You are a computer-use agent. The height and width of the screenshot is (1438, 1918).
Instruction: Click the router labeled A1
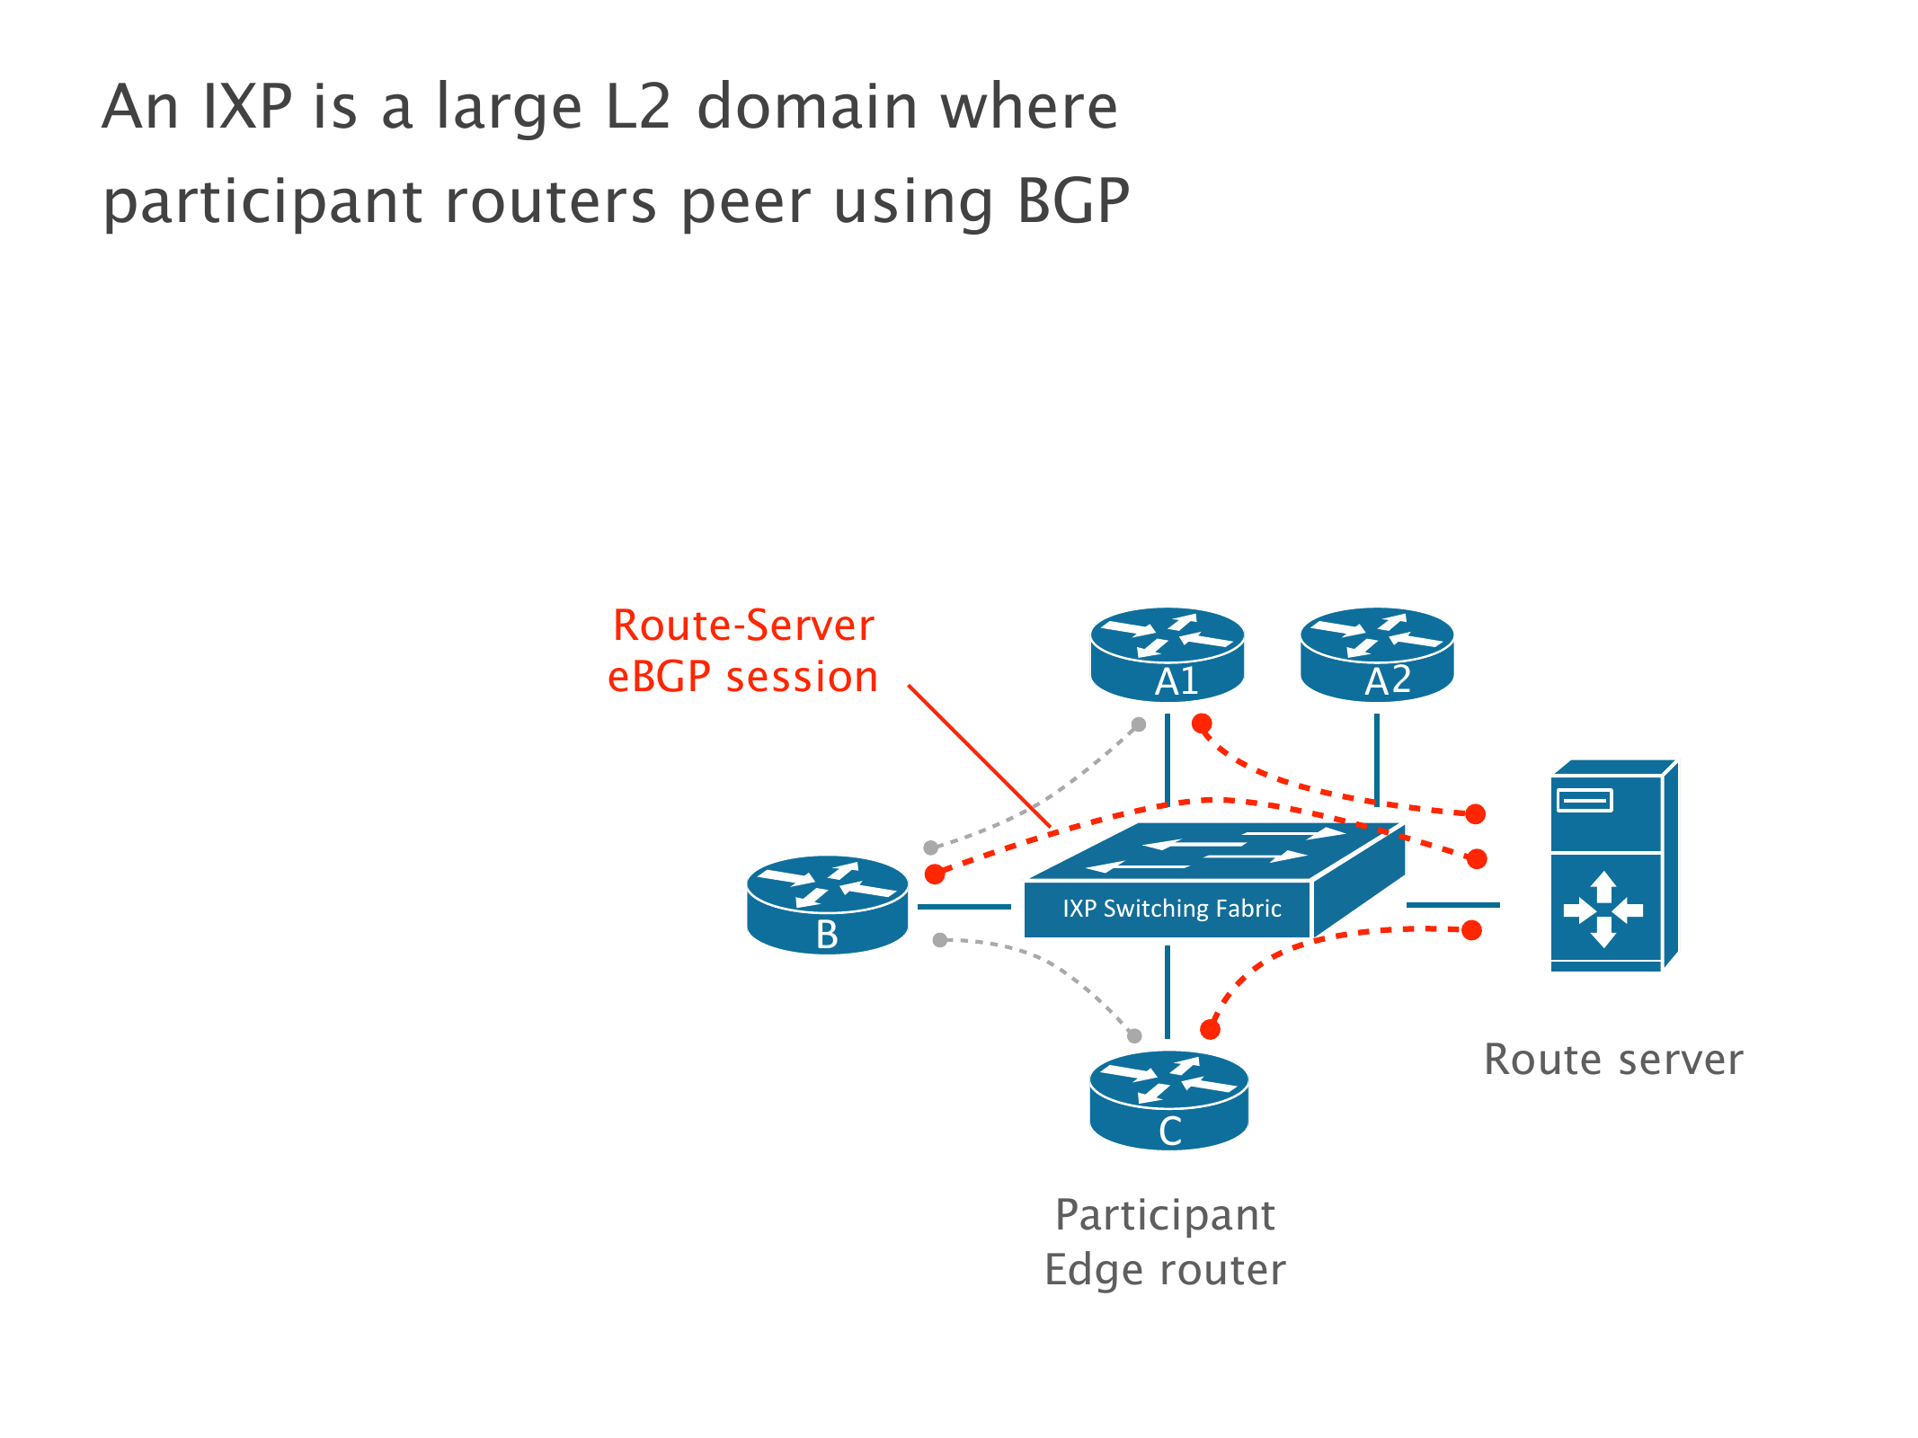tap(1167, 654)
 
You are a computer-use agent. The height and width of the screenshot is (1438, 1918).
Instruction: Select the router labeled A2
tap(1377, 654)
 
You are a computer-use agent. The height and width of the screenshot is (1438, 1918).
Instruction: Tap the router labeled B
tap(827, 905)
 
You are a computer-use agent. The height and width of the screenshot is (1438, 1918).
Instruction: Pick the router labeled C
tap(1168, 1101)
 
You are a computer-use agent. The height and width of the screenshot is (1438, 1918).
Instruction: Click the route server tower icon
tap(1614, 866)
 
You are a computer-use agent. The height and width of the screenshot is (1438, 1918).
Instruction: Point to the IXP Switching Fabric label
tap(1171, 909)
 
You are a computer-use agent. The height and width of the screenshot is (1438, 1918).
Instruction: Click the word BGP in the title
tap(1073, 201)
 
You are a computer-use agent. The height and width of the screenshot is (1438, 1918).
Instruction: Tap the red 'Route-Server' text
tap(743, 626)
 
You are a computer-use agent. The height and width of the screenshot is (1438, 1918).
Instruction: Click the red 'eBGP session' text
tap(743, 677)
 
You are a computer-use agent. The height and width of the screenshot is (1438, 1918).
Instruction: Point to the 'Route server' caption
tap(1613, 1060)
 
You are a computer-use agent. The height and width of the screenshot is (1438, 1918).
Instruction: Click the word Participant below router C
tap(1165, 1215)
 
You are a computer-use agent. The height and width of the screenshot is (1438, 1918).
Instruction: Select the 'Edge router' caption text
tap(1165, 1270)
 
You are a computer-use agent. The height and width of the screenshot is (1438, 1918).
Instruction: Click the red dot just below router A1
tap(1202, 723)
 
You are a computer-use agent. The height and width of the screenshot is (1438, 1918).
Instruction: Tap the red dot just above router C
tap(1210, 1030)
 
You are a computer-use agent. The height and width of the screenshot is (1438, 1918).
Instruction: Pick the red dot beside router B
tap(935, 874)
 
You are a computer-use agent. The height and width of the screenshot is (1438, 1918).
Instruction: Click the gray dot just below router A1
tap(1139, 724)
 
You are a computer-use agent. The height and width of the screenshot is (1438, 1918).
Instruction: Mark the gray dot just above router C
tap(1134, 1035)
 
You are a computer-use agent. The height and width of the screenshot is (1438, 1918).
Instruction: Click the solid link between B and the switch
tap(964, 907)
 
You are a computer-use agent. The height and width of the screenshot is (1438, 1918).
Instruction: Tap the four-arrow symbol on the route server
tap(1603, 910)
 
